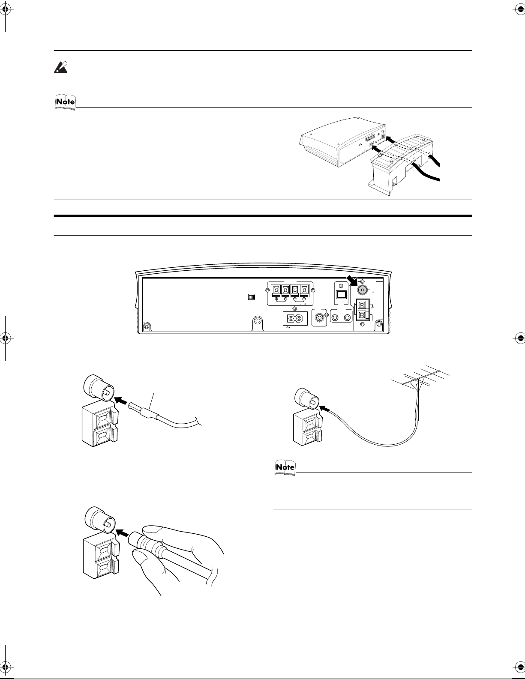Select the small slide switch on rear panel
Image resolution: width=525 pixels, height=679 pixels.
252,297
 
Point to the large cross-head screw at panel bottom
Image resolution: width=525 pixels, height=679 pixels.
258,320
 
